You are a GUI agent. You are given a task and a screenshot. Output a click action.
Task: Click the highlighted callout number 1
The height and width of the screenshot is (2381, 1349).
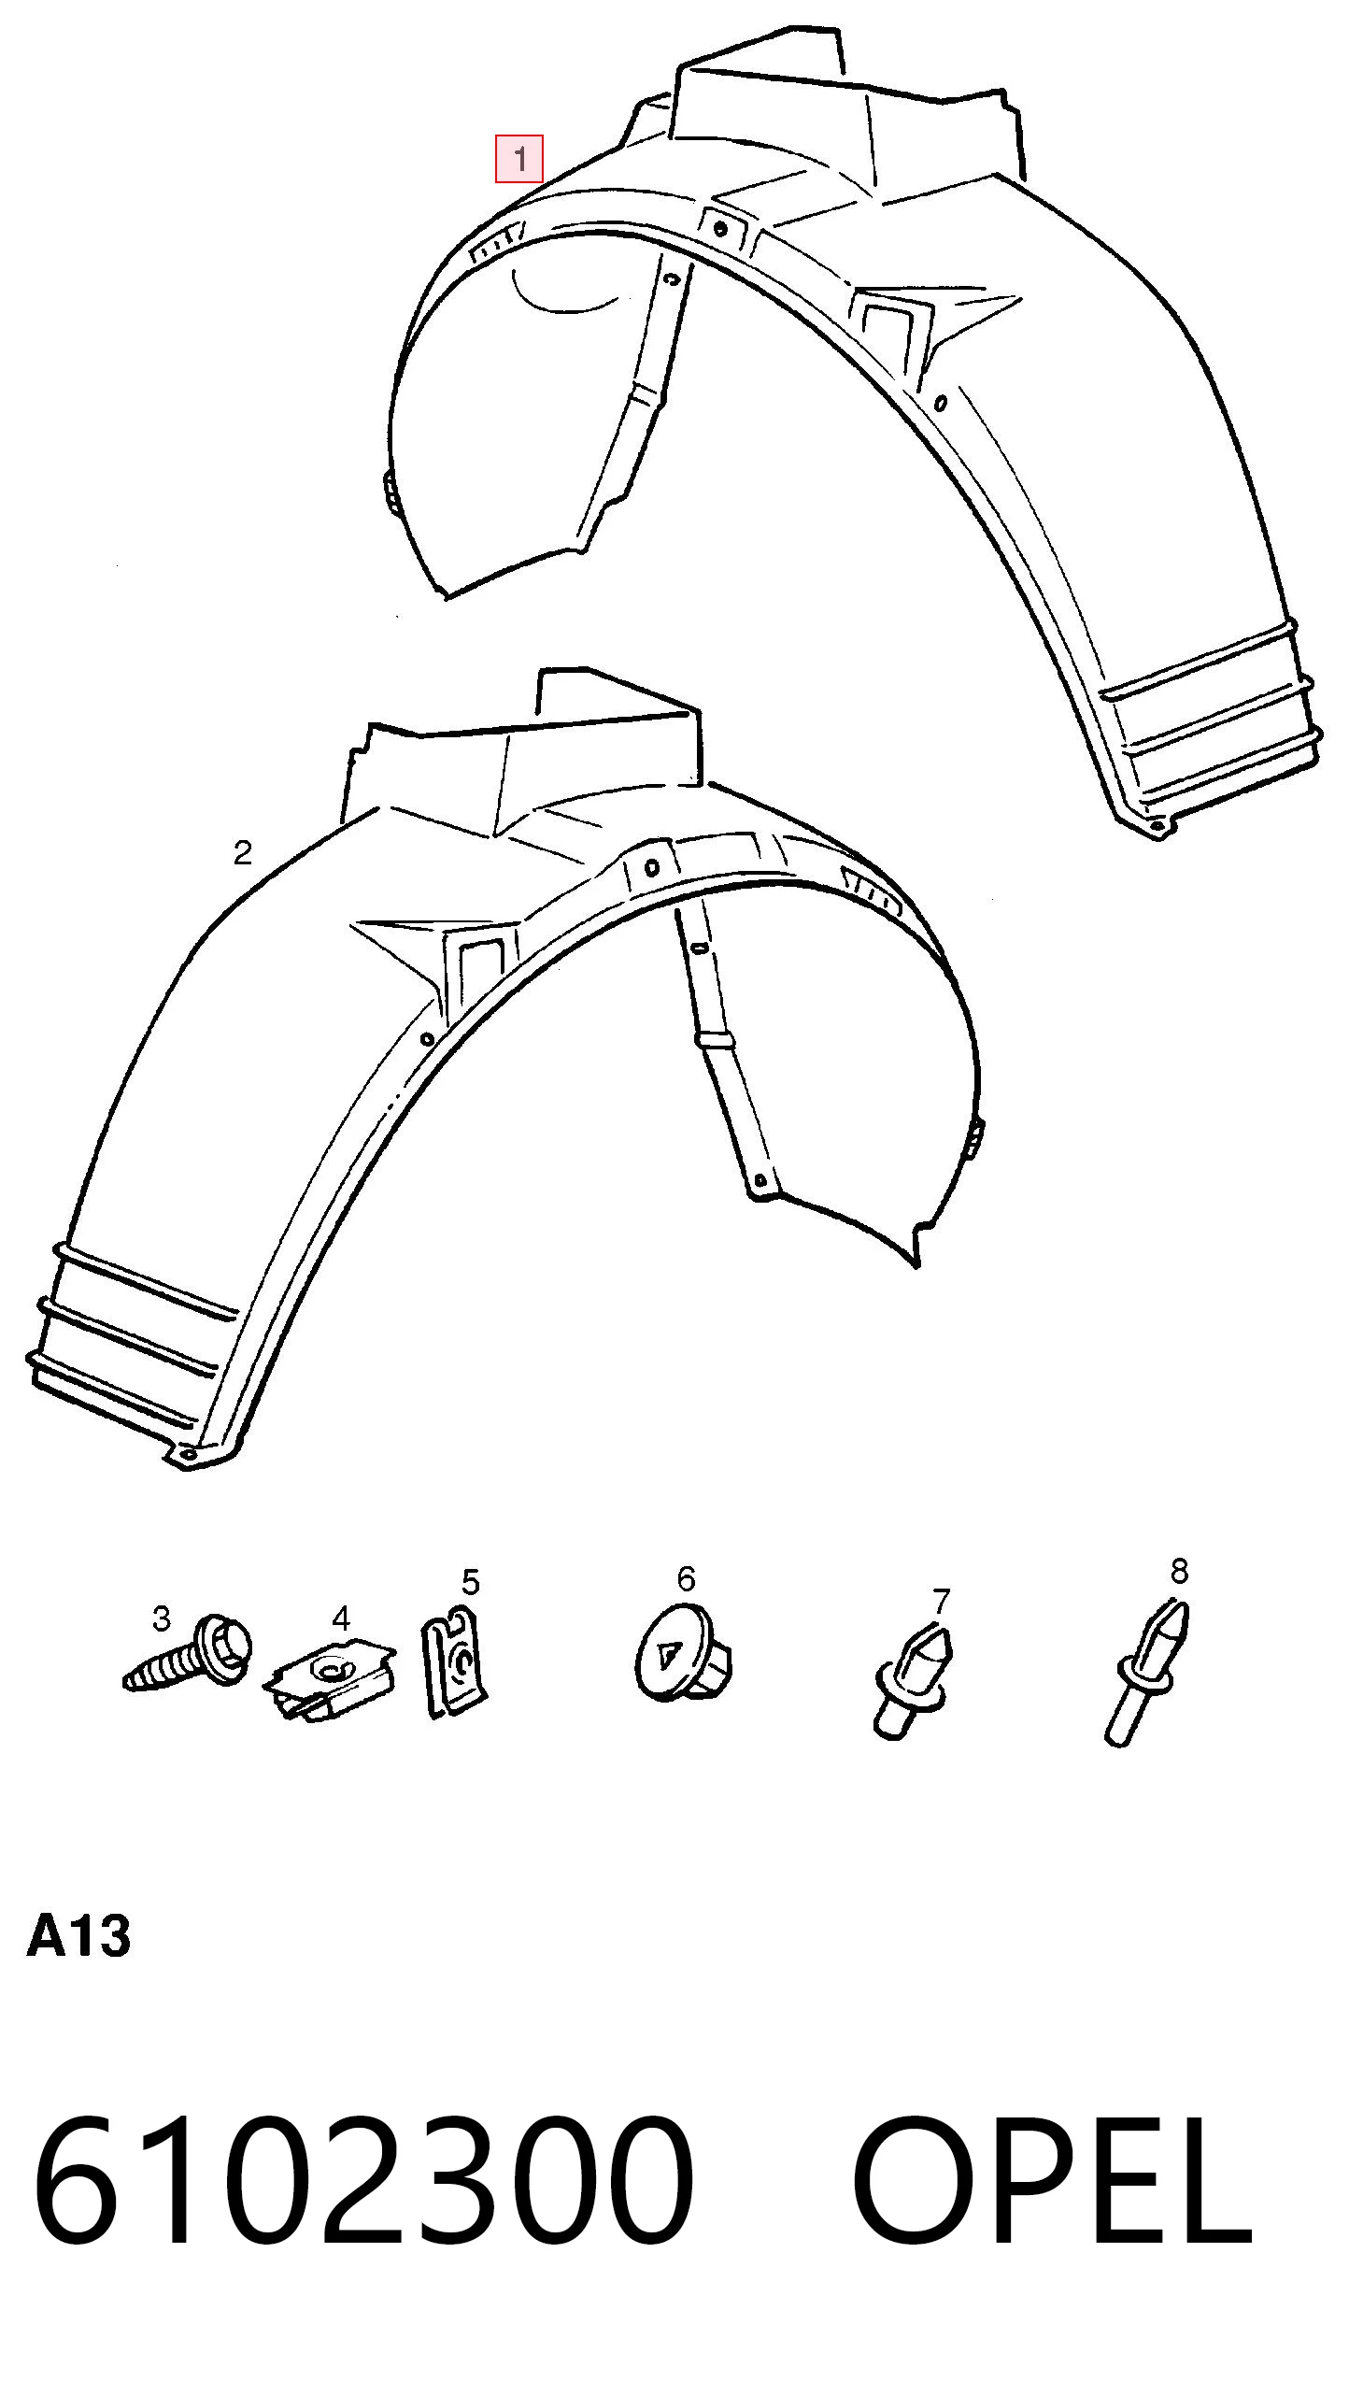click(x=518, y=159)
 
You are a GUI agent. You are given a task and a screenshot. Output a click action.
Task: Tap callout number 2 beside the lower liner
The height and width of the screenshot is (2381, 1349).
click(x=242, y=852)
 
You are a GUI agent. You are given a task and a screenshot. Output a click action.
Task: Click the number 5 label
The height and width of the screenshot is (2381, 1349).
click(x=470, y=1582)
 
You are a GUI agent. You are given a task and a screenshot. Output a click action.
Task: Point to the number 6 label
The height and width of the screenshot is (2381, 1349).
click(x=686, y=1578)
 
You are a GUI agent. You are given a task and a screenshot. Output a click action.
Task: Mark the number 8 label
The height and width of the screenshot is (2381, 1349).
click(x=1179, y=1571)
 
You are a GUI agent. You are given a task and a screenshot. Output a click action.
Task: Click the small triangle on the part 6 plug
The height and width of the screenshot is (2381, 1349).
click(x=667, y=1657)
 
